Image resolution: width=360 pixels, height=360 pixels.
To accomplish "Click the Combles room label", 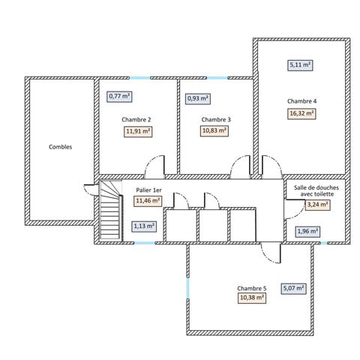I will pyautogui.click(x=60, y=147).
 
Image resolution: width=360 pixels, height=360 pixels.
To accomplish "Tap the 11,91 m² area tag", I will pyautogui.click(x=138, y=130).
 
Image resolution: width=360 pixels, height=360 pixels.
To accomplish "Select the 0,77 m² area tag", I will pyautogui.click(x=119, y=96).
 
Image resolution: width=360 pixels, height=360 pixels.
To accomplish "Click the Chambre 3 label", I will pyautogui.click(x=216, y=119).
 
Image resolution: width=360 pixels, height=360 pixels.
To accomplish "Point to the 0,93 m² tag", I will pyautogui.click(x=197, y=97).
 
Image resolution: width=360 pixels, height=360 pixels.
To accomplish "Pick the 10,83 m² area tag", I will pyautogui.click(x=214, y=130).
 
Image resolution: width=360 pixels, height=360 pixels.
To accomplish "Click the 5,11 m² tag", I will pyautogui.click(x=300, y=65).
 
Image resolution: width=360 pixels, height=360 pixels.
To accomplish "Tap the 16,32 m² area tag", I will pyautogui.click(x=301, y=114).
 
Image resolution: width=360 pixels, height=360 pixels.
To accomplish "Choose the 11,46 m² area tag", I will pyautogui.click(x=148, y=201).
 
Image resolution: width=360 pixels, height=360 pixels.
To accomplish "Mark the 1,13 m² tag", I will pyautogui.click(x=144, y=225).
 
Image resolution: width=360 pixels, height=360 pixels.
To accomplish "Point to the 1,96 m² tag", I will pyautogui.click(x=307, y=231).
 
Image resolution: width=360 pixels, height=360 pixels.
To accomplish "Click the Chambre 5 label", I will pyautogui.click(x=251, y=288).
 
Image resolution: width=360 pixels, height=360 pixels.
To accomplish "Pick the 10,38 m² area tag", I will pyautogui.click(x=251, y=298).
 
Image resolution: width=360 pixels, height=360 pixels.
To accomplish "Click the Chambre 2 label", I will pyautogui.click(x=136, y=119).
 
